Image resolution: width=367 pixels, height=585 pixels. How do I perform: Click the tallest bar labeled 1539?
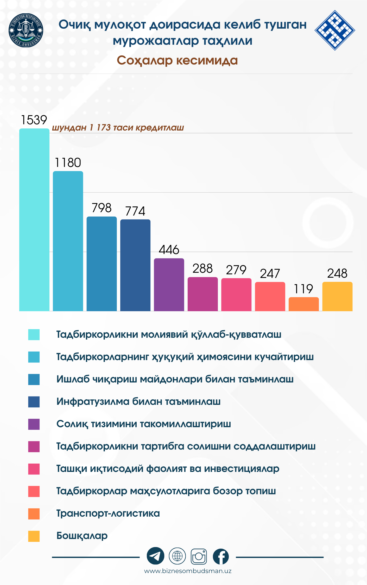[x=34, y=220]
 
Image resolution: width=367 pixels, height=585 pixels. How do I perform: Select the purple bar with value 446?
[x=169, y=285]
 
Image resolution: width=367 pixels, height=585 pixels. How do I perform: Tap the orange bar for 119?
[x=303, y=304]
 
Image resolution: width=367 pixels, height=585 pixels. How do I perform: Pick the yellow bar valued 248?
[x=337, y=296]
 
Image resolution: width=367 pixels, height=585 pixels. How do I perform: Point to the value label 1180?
[x=68, y=163]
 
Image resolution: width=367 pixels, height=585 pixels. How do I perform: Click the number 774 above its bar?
[x=135, y=211]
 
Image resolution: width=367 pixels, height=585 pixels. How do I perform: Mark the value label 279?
[x=236, y=270]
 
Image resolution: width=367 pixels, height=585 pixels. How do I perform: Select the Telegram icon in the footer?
[x=155, y=556]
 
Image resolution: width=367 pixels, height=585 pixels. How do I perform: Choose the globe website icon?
[x=177, y=556]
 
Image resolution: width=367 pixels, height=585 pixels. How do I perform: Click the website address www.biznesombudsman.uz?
[x=188, y=571]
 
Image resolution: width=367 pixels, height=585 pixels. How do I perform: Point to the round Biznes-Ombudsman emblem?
[x=26, y=30]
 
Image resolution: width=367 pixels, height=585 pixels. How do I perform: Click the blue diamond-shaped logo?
[x=335, y=30]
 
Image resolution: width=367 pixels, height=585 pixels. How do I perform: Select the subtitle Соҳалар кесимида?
[x=177, y=60]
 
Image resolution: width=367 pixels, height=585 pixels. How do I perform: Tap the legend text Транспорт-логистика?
[x=108, y=513]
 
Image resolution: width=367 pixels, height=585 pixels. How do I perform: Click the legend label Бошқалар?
[x=82, y=536]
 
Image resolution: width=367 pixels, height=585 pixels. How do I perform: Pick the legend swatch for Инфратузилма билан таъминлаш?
[x=34, y=402]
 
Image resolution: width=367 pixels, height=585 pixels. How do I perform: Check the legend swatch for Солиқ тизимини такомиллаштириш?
[x=34, y=424]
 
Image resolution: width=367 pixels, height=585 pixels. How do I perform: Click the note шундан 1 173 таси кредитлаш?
[x=118, y=128]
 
